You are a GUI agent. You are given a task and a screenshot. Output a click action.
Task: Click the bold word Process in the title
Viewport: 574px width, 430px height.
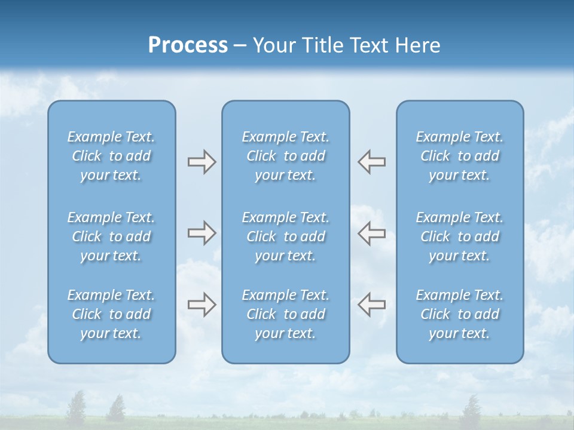pyautogui.click(x=188, y=45)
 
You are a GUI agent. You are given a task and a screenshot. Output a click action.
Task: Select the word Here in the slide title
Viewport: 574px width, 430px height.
pyautogui.click(x=417, y=45)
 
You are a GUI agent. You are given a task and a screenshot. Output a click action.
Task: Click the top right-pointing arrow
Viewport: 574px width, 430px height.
pyautogui.click(x=201, y=162)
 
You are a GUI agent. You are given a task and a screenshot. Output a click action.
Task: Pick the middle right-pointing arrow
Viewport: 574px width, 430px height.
pyautogui.click(x=201, y=233)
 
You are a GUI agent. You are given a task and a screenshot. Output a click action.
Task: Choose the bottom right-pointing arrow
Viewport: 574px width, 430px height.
pyautogui.click(x=201, y=305)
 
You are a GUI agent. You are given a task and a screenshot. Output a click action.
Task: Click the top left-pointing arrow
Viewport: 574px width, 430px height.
pyautogui.click(x=372, y=162)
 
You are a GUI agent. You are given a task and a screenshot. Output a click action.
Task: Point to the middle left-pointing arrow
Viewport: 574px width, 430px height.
pyautogui.click(x=372, y=233)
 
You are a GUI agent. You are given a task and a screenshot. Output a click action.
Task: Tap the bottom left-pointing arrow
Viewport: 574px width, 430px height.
pyautogui.click(x=372, y=305)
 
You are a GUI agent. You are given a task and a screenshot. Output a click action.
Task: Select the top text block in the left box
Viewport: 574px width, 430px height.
pyautogui.click(x=111, y=156)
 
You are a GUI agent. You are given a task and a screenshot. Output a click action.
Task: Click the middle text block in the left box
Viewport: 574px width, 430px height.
pyautogui.click(x=111, y=236)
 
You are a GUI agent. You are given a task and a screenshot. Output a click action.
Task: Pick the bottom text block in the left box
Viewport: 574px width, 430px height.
pyautogui.click(x=111, y=314)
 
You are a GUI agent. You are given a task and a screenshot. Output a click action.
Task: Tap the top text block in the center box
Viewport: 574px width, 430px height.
pyautogui.click(x=286, y=156)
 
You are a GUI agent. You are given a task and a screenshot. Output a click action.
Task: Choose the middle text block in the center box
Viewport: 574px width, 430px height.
pyautogui.click(x=286, y=236)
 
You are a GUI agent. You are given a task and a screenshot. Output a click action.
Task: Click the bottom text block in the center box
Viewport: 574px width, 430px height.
pyautogui.click(x=286, y=314)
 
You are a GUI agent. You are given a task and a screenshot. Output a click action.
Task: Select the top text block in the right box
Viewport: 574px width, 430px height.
pyautogui.click(x=460, y=156)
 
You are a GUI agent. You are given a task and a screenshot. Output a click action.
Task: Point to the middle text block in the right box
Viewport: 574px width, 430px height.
pyautogui.click(x=460, y=236)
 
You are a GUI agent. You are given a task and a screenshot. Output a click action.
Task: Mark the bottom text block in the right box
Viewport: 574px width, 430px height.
pyautogui.click(x=460, y=314)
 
